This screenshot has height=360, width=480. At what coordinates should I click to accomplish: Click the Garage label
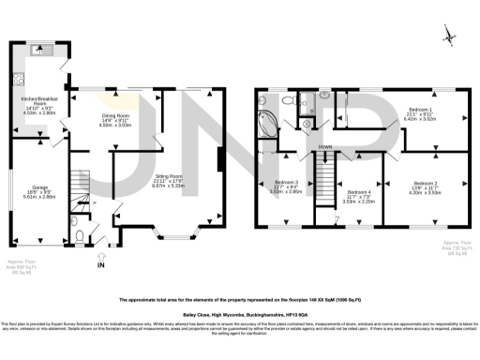[40, 187]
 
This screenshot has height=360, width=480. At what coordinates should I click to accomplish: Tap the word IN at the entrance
[101, 265]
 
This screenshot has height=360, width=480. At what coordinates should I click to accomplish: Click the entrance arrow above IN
[101, 254]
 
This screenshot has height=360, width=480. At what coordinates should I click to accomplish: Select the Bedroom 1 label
[418, 111]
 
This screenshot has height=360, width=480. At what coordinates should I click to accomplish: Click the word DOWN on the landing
[324, 147]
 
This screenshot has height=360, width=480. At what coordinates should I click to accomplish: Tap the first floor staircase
[324, 174]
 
